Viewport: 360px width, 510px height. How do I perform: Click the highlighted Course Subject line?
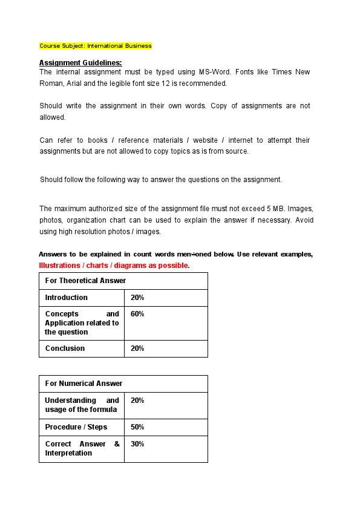[x=96, y=46]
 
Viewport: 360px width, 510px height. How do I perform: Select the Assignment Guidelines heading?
[x=80, y=63]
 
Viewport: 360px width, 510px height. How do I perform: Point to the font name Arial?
[x=70, y=83]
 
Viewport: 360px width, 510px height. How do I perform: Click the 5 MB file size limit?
[x=275, y=209]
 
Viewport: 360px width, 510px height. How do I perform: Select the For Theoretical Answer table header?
[x=85, y=281]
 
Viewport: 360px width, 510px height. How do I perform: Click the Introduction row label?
[x=66, y=298]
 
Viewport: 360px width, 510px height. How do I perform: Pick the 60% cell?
[x=137, y=314]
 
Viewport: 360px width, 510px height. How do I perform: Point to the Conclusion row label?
[x=65, y=348]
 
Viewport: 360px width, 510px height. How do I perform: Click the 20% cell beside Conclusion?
[x=137, y=348]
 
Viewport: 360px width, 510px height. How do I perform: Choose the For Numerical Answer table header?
[x=83, y=384]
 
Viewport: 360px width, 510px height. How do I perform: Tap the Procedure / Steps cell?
[x=76, y=427]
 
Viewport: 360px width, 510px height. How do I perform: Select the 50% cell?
[x=137, y=427]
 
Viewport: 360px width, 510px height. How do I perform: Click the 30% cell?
[x=137, y=444]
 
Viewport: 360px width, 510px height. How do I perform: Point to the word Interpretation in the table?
[x=68, y=453]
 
